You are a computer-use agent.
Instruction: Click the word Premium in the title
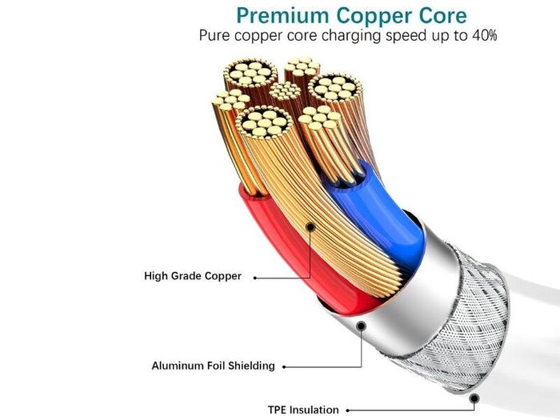point(282,17)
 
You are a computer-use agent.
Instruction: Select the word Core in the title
point(443,16)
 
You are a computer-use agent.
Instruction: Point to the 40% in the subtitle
point(484,35)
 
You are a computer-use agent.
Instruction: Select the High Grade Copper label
point(193,276)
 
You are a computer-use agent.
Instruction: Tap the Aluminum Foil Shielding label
point(214,366)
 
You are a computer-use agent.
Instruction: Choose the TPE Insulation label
point(303,410)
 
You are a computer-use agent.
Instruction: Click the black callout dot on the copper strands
point(310,226)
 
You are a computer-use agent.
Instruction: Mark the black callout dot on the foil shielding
point(362,326)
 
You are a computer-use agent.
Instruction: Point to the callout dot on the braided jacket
point(474,398)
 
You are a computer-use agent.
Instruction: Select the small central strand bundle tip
point(285,90)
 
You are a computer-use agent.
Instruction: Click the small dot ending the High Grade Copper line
point(255,278)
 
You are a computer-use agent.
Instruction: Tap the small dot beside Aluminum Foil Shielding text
point(284,366)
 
